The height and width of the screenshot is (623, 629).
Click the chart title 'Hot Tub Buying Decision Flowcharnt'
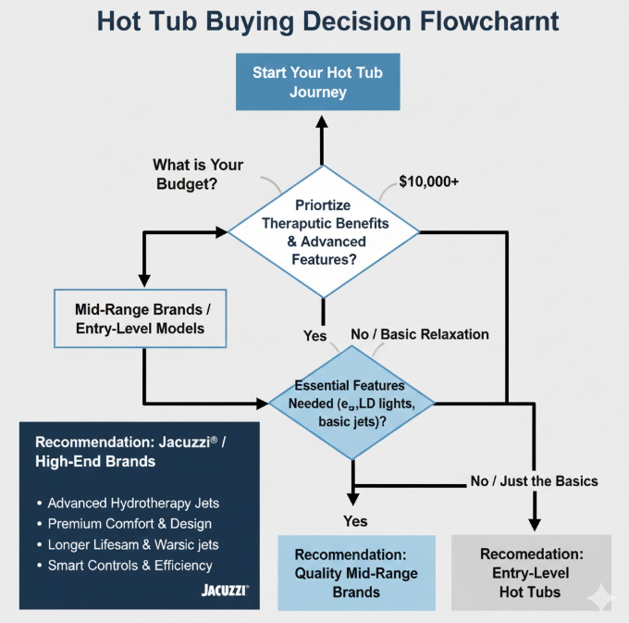314,21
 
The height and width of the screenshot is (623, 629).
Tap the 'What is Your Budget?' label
198,172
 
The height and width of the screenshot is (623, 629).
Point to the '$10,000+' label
428,181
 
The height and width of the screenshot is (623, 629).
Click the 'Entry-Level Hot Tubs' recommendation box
531,572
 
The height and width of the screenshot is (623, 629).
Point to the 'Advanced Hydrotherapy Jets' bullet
133,504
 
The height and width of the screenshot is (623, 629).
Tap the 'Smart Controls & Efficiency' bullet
129,565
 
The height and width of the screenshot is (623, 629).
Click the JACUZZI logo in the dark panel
225,589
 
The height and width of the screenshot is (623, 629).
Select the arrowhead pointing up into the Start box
322,121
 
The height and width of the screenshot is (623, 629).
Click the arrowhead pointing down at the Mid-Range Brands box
144,279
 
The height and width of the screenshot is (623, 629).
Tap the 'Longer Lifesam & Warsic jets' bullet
133,544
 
